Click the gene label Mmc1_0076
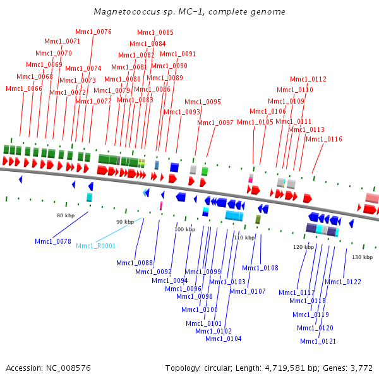[93, 32]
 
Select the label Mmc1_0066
[24, 88]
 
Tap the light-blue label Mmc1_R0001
[95, 246]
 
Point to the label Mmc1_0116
[323, 139]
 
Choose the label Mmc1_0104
[224, 339]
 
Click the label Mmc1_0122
[343, 282]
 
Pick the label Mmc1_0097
[215, 123]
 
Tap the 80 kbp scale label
[66, 215]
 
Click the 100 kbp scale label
[185, 229]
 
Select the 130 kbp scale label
[363, 257]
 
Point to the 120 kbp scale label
[303, 247]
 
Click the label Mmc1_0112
[308, 79]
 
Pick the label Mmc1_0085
[155, 32]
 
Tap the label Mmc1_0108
[260, 268]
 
